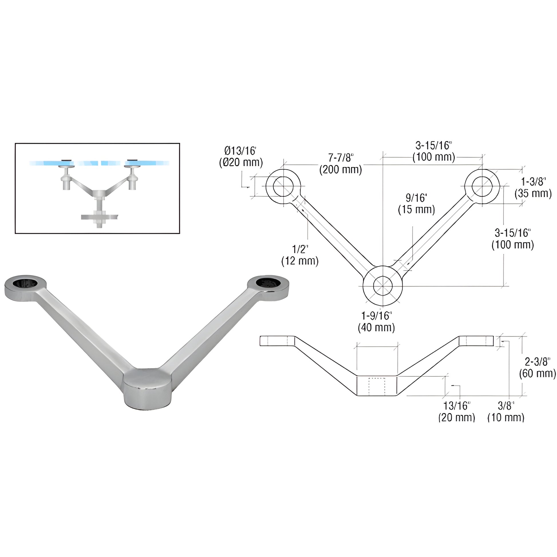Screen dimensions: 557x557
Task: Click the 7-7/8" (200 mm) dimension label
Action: [341, 163]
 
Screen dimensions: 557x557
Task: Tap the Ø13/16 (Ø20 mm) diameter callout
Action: [241, 157]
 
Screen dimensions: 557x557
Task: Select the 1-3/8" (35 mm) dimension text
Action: [533, 188]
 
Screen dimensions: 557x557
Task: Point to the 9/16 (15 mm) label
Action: [416, 204]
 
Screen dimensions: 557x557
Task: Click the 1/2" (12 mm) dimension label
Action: [300, 255]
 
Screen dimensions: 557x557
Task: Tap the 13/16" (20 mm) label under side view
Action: [457, 411]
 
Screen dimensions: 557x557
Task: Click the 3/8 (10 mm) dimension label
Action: [506, 411]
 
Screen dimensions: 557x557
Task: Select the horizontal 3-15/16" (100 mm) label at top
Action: [434, 151]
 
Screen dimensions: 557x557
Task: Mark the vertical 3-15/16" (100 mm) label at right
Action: [513, 239]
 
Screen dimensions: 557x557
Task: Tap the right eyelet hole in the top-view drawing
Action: [482, 187]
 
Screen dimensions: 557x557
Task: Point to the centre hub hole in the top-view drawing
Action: [383, 286]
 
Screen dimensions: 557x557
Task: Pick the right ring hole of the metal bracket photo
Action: [268, 282]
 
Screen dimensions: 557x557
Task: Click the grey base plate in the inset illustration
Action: [100, 216]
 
